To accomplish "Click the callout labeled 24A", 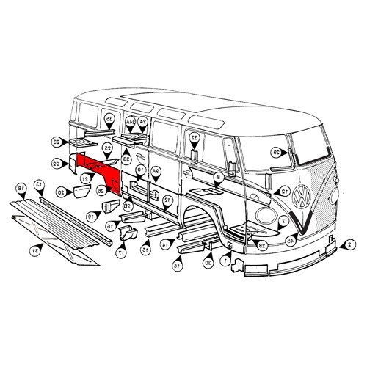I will [x=130, y=120].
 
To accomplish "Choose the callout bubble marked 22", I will [x=56, y=163].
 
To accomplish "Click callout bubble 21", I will [x=86, y=177].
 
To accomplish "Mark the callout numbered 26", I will [x=101, y=190].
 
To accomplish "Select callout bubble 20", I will [x=61, y=192].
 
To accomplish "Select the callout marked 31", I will [x=34, y=251].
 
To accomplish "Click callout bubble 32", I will [x=195, y=137].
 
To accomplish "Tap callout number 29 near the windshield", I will [x=276, y=153].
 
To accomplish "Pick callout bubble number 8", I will [x=218, y=178].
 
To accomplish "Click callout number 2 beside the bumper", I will [x=351, y=244].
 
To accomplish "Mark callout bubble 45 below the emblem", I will [x=291, y=241].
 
